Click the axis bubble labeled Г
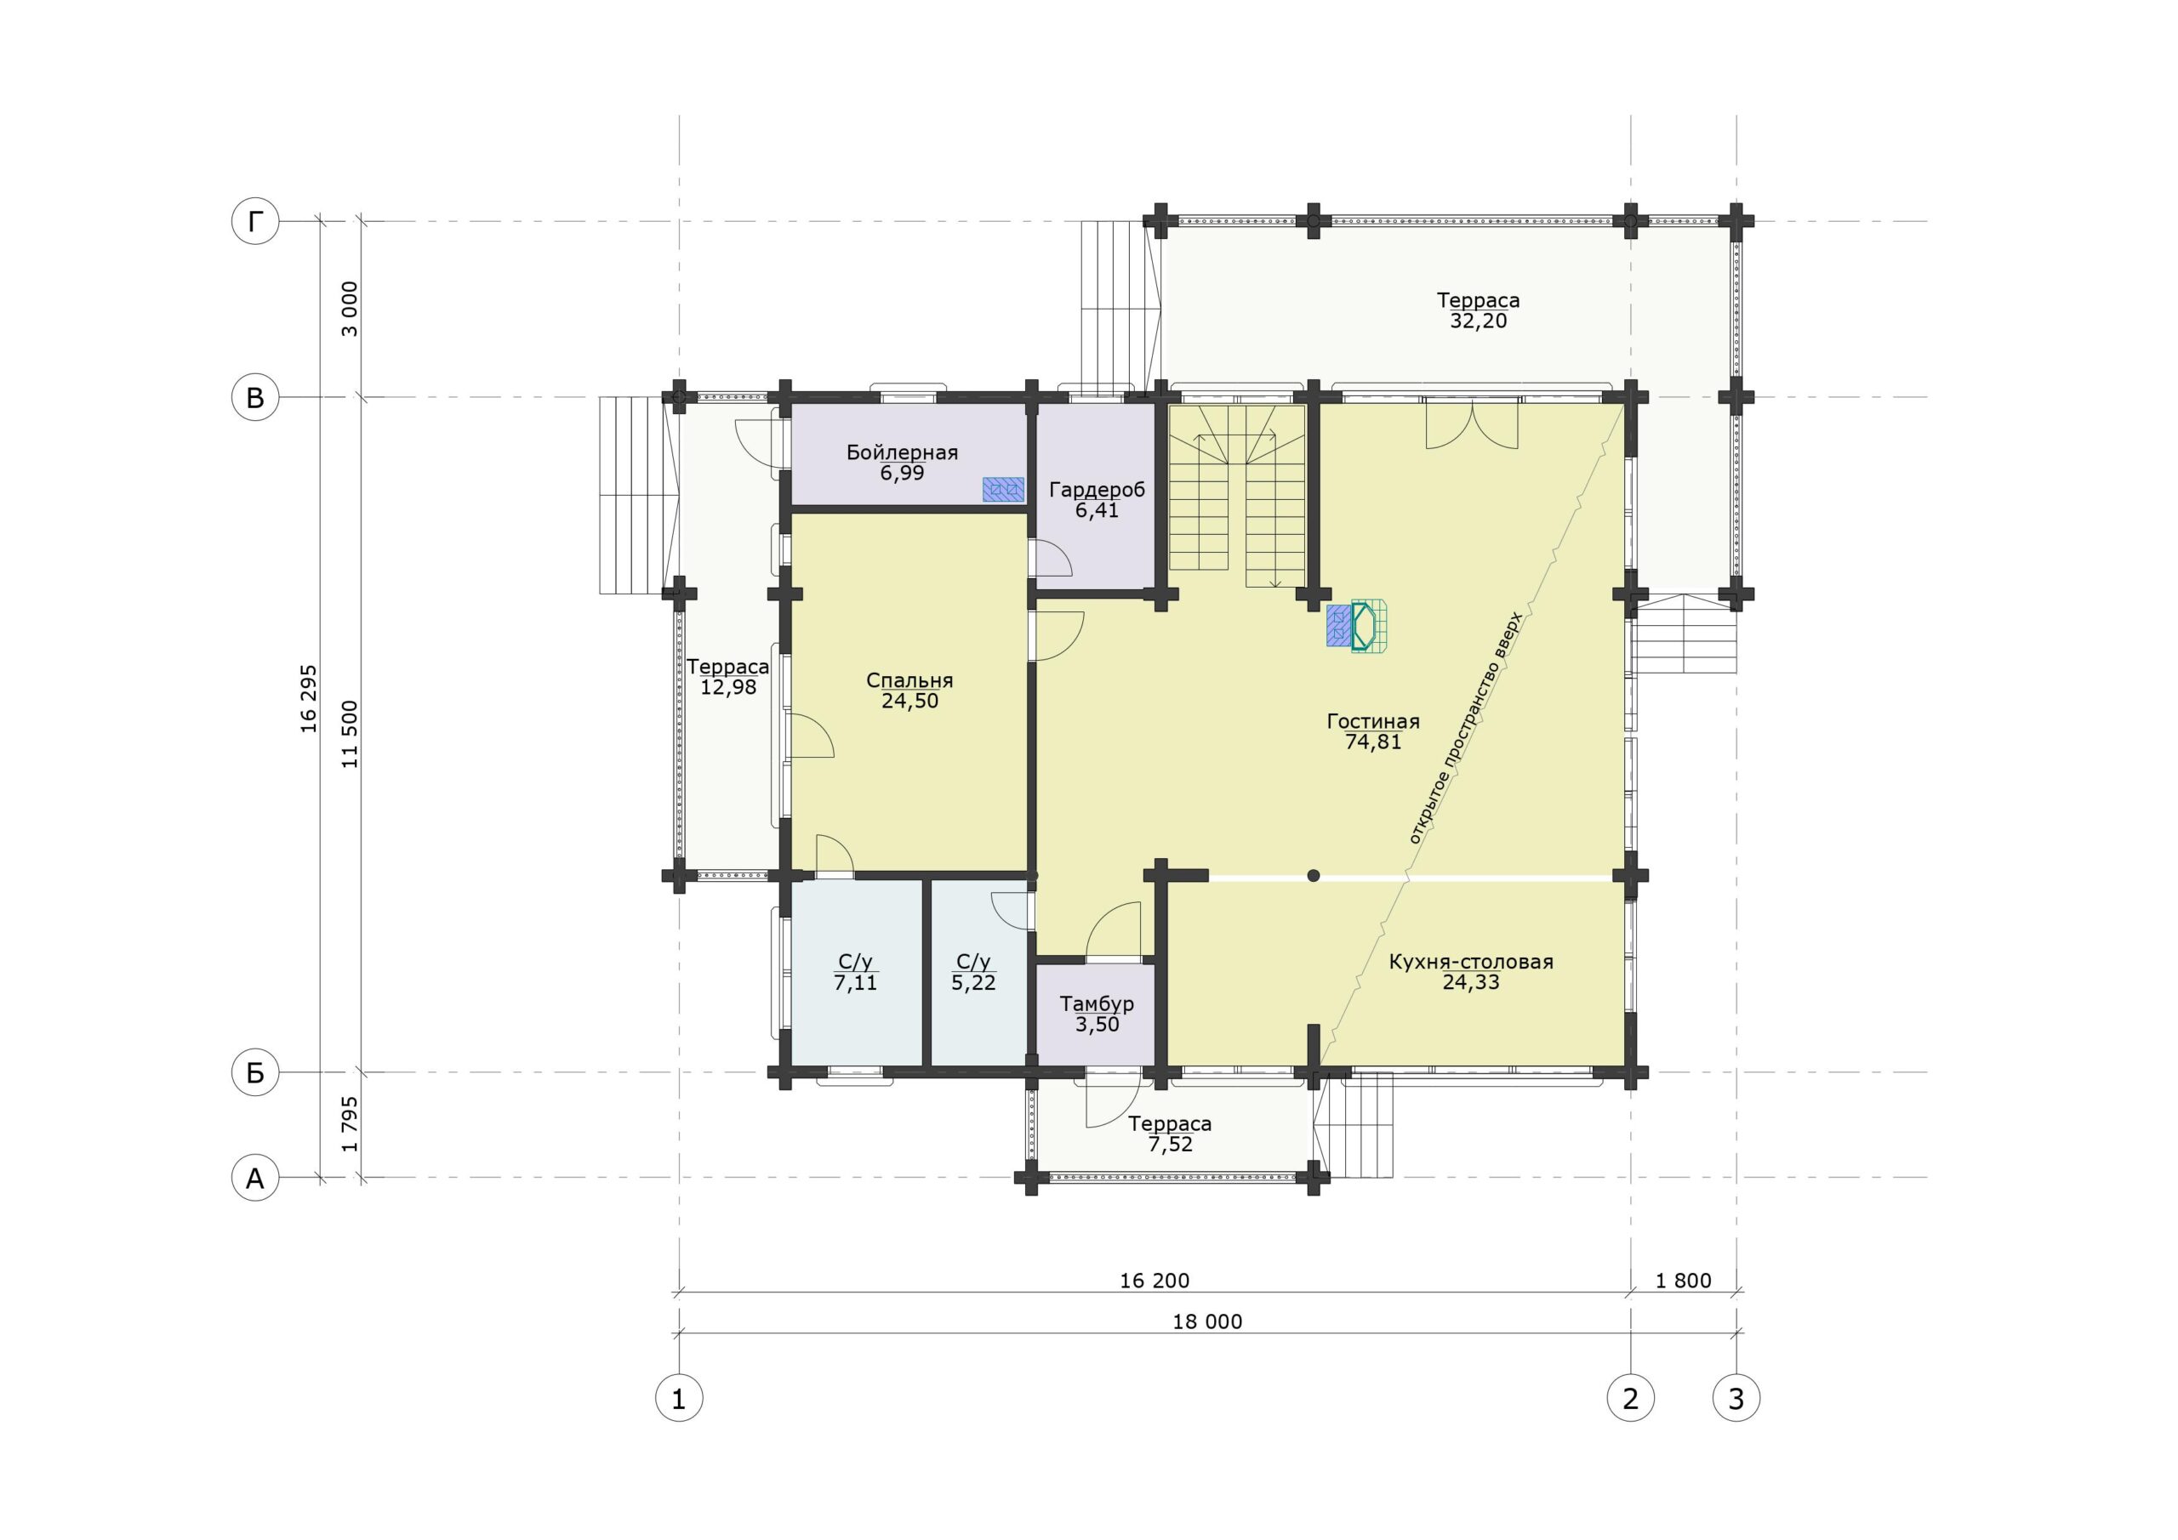pos(255,222)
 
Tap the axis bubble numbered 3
pos(1736,1398)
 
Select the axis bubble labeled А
pos(255,1178)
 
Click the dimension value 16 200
pos(1155,1280)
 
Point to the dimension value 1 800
pos(1684,1280)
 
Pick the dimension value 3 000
pos(350,308)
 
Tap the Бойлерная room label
pos(902,452)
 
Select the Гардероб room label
pos(1097,491)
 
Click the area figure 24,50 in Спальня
pos(909,701)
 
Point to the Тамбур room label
pos(1097,1003)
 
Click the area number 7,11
pos(856,982)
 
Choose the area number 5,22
pos(973,982)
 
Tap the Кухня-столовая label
pos(1471,962)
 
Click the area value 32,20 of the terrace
pos(1478,321)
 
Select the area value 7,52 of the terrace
pos(1170,1145)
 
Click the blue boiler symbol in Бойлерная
pos(1004,488)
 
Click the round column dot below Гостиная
pos(1313,876)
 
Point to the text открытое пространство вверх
pos(1465,728)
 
